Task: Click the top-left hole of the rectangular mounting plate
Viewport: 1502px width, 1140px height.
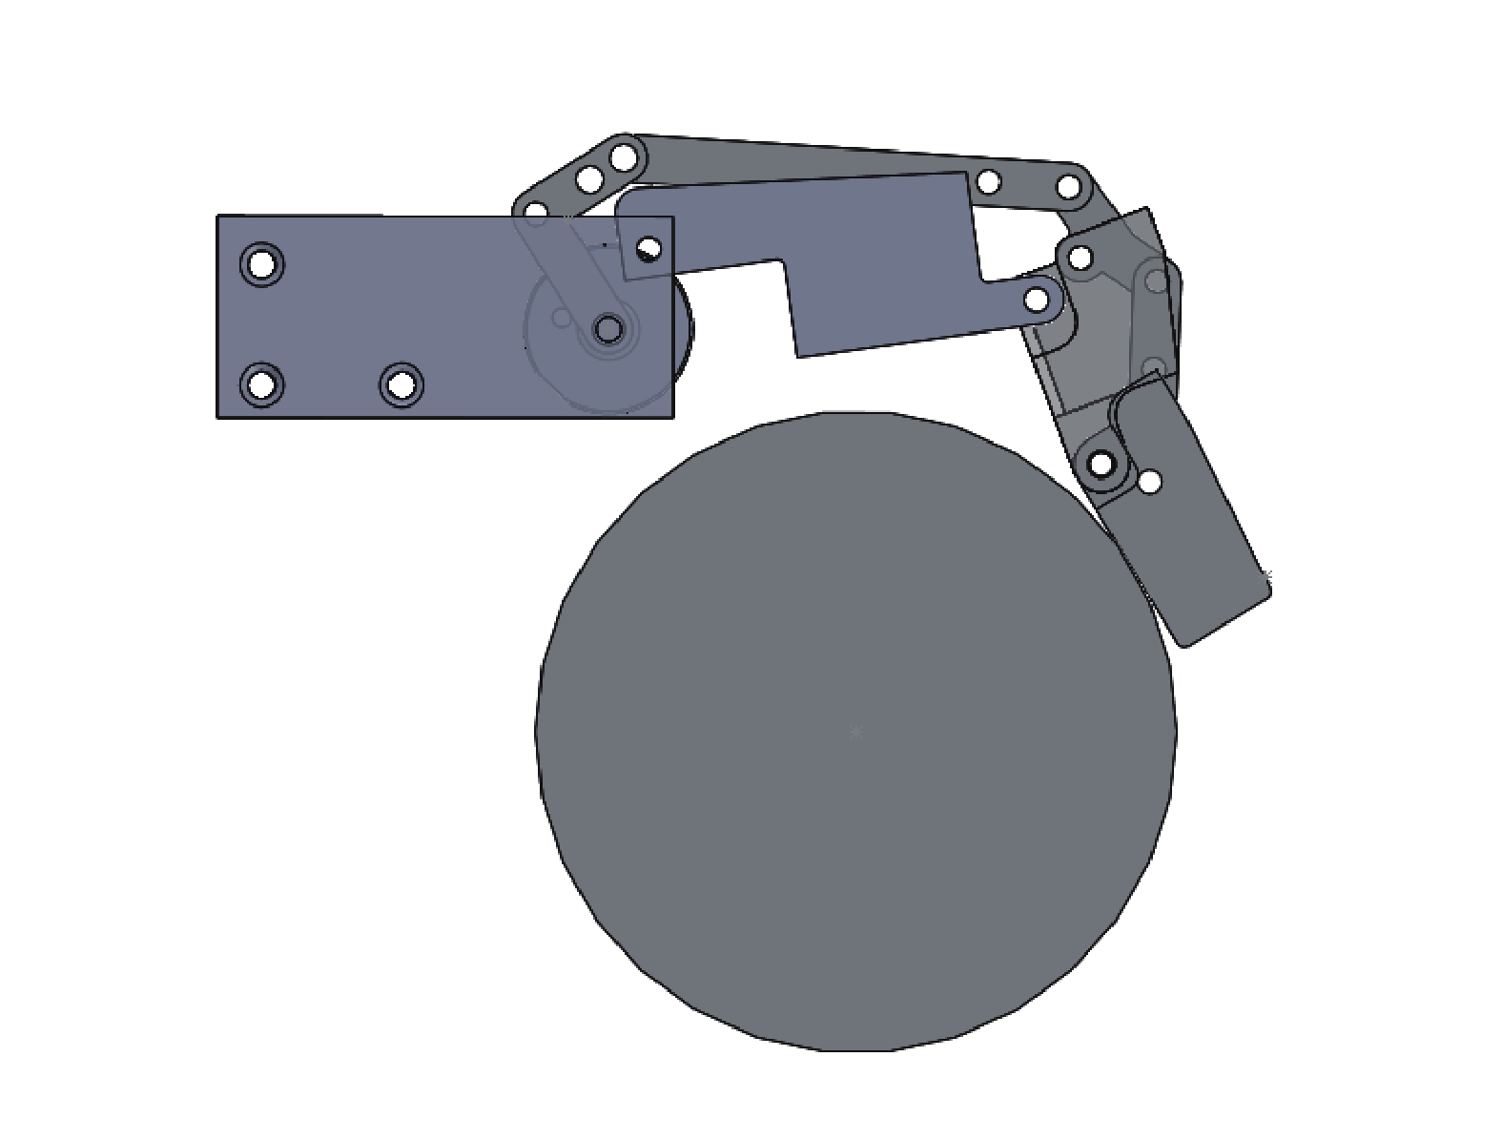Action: pyautogui.click(x=261, y=263)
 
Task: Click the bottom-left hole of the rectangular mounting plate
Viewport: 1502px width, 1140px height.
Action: pyautogui.click(x=262, y=385)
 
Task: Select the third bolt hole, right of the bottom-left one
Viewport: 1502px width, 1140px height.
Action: pyautogui.click(x=401, y=384)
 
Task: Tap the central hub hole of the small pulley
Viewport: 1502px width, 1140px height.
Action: pyautogui.click(x=607, y=330)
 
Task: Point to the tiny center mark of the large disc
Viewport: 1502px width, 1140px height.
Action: pyautogui.click(x=856, y=732)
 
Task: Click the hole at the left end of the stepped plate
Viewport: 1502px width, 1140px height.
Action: pyautogui.click(x=648, y=249)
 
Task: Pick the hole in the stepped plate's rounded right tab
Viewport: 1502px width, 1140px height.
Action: pyautogui.click(x=1037, y=300)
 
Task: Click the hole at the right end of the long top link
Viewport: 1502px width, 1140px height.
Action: pyautogui.click(x=1069, y=185)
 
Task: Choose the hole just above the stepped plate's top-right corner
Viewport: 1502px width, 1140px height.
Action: pyautogui.click(x=989, y=181)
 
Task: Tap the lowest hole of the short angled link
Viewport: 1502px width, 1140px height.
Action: pyautogui.click(x=537, y=211)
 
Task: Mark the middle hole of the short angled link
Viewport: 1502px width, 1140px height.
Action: pyautogui.click(x=589, y=178)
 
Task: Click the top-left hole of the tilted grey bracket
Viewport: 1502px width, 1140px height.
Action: pyautogui.click(x=1080, y=257)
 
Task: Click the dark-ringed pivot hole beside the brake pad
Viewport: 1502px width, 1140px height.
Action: pyautogui.click(x=1101, y=466)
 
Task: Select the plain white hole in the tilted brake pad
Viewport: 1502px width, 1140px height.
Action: pyautogui.click(x=1151, y=482)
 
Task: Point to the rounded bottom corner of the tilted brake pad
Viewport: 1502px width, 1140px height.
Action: pyautogui.click(x=1185, y=641)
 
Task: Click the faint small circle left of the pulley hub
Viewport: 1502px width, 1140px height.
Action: pyautogui.click(x=562, y=317)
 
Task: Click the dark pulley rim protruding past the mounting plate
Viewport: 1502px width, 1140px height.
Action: pyautogui.click(x=683, y=329)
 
